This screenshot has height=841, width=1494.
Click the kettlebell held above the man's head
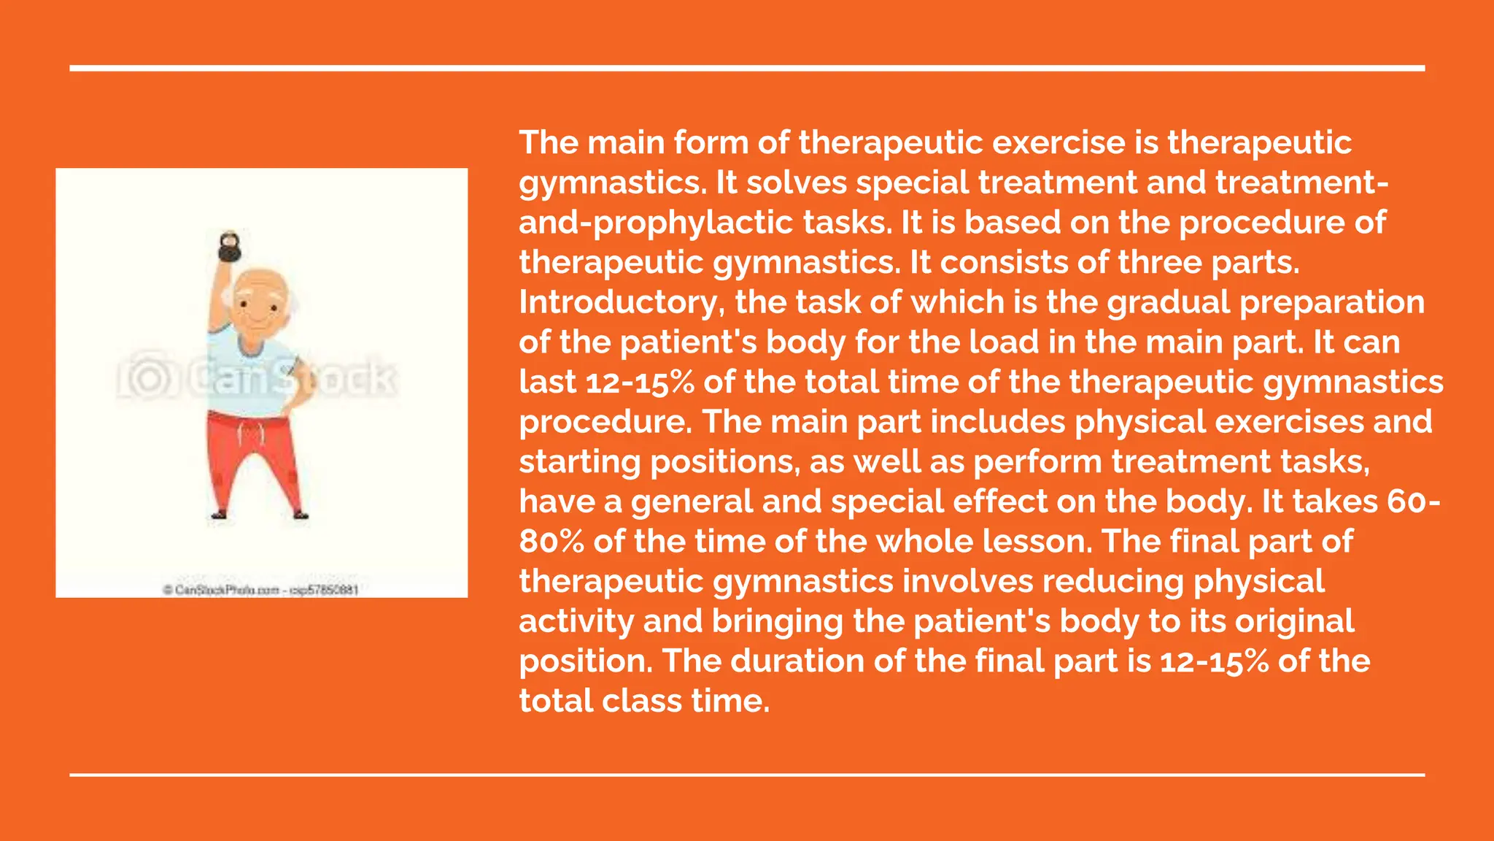point(229,247)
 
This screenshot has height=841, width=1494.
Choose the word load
point(1000,342)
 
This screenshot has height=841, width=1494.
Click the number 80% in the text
point(551,542)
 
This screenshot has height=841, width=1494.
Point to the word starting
point(580,462)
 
